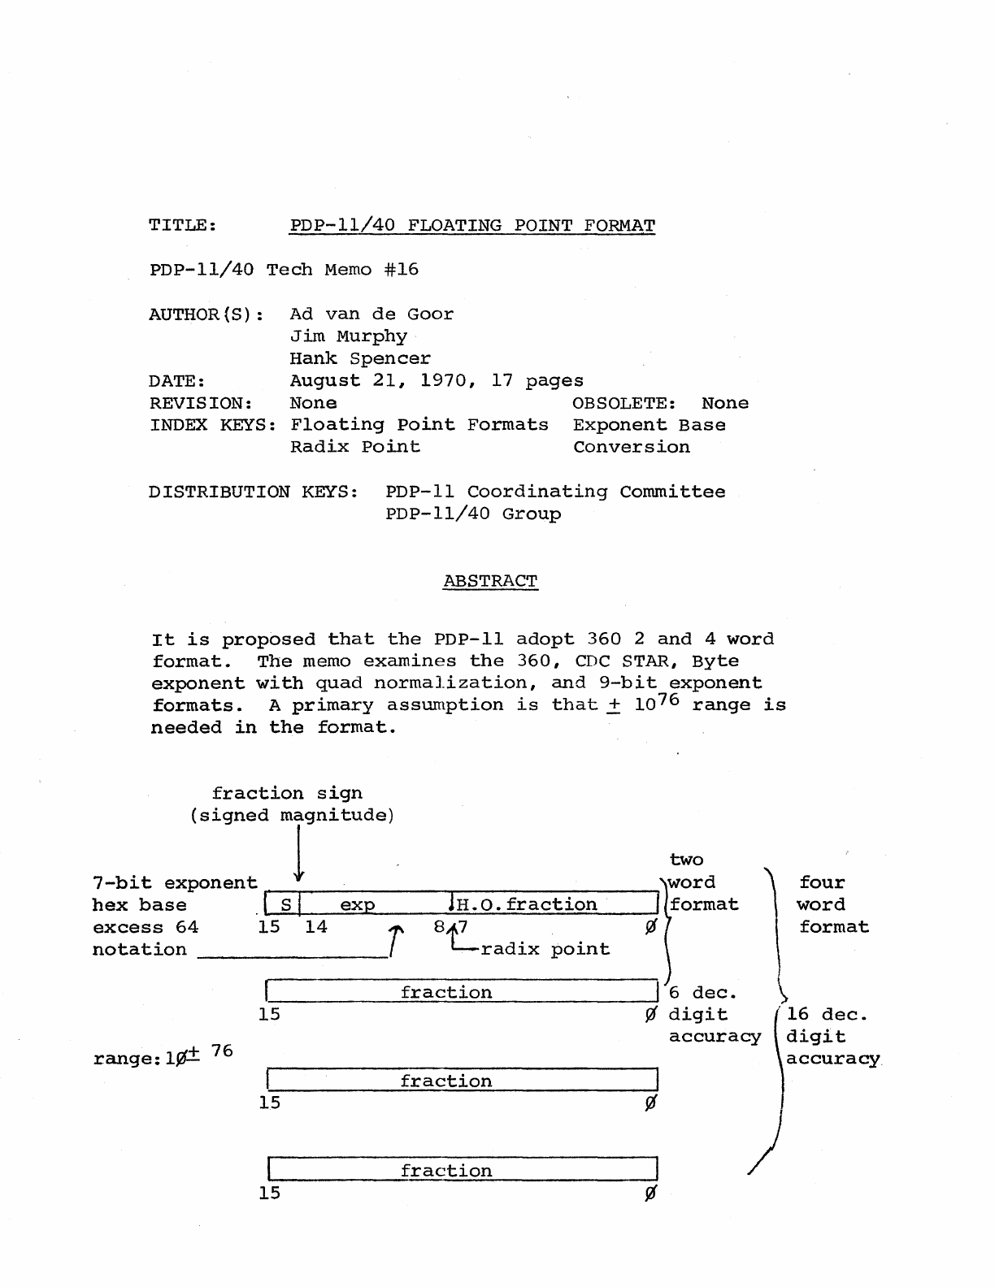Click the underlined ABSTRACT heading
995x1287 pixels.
point(490,581)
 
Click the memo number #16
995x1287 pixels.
point(402,269)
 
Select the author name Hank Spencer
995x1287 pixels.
point(360,358)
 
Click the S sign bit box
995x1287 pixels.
point(285,904)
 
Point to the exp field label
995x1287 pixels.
point(357,905)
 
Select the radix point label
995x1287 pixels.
point(545,949)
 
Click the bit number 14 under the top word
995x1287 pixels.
point(315,926)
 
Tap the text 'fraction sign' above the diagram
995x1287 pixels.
point(287,793)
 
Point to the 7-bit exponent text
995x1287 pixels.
point(175,882)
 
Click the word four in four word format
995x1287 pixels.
point(822,882)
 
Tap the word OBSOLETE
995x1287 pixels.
point(624,403)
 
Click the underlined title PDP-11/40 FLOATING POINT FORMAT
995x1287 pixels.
point(472,225)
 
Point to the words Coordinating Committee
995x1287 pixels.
point(596,492)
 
